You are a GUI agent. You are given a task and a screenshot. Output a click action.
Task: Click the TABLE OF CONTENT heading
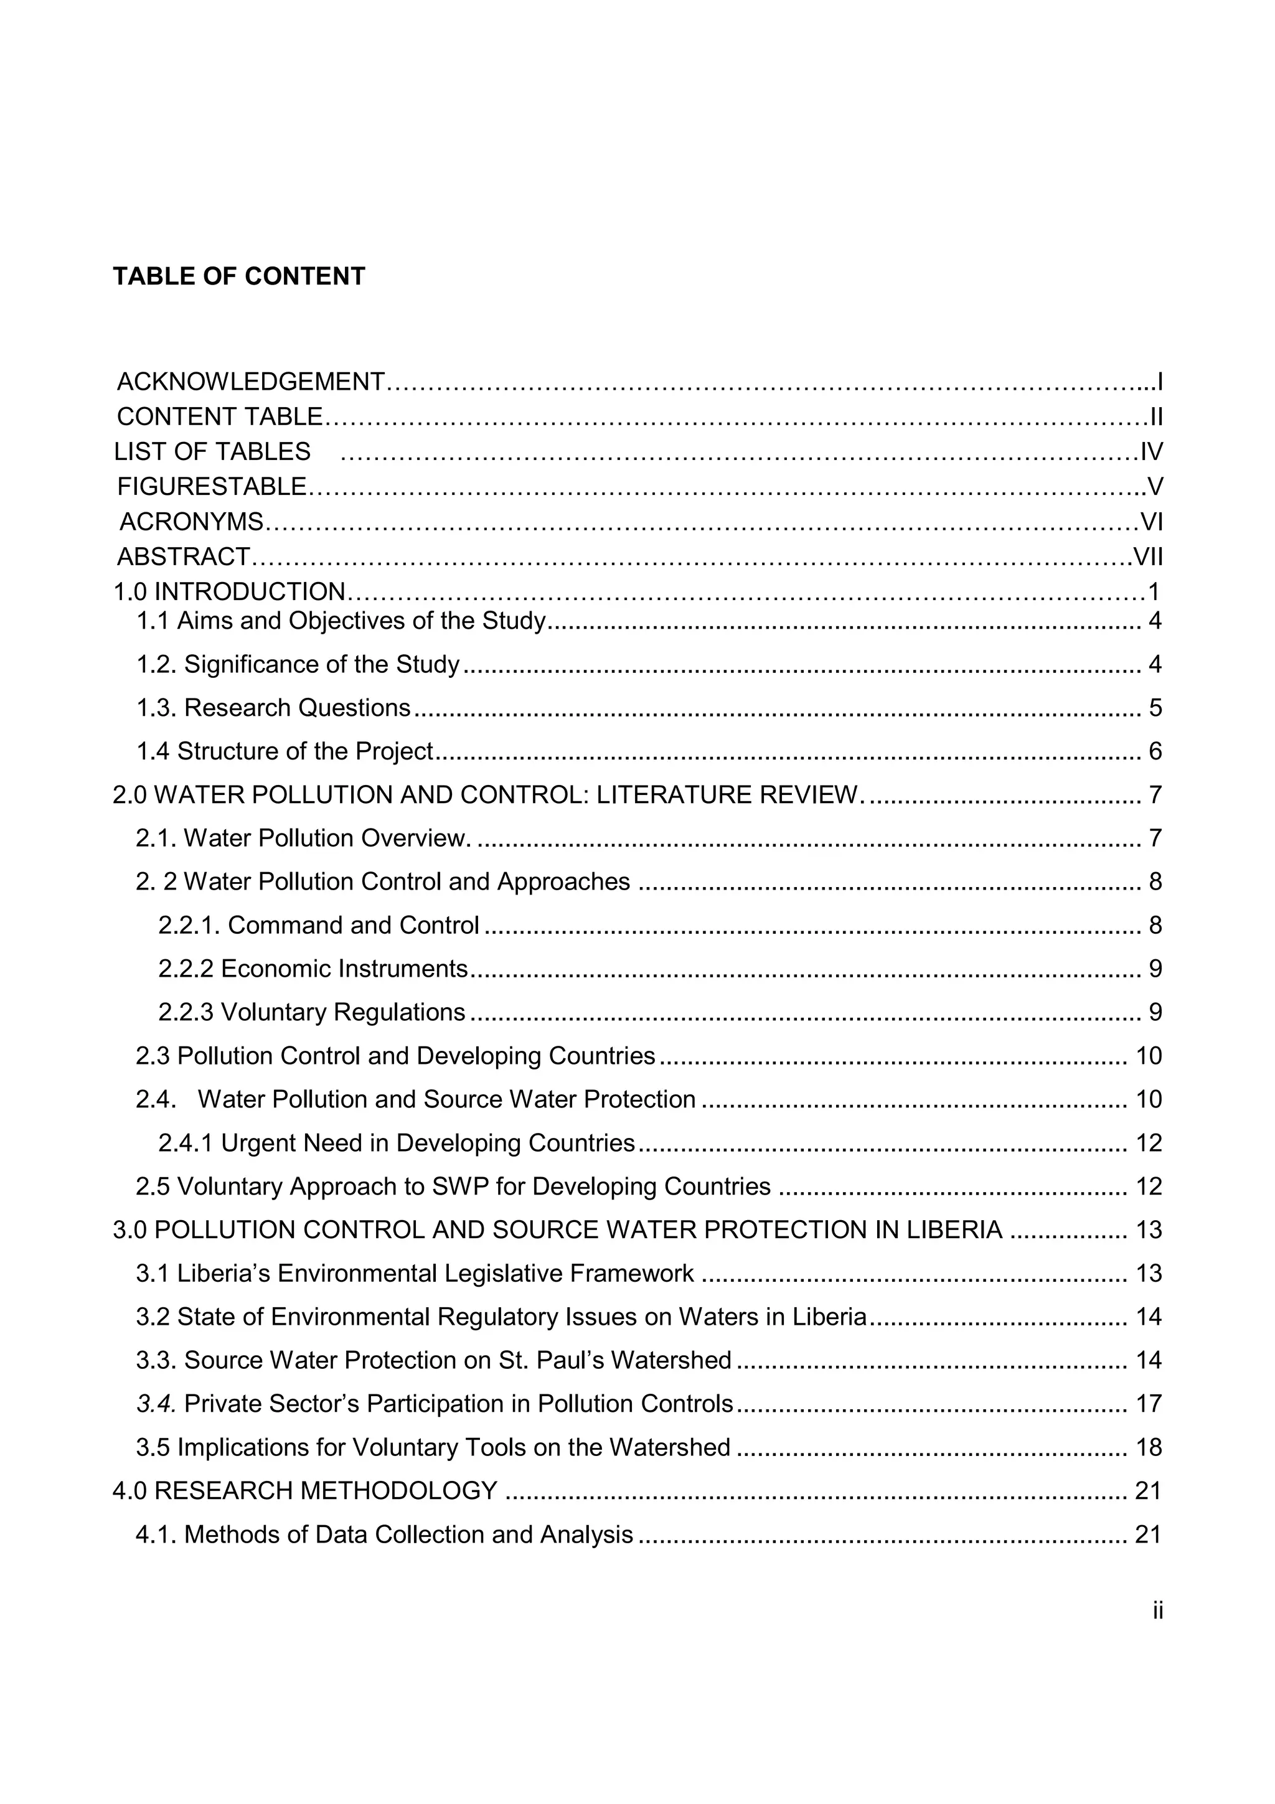click(239, 276)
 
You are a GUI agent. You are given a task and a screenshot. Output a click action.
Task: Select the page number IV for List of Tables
click(1151, 452)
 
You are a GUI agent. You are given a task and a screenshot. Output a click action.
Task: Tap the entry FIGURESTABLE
click(211, 487)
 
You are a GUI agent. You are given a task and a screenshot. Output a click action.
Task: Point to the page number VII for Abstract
click(1148, 557)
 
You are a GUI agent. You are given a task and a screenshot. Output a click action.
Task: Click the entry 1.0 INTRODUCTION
click(229, 591)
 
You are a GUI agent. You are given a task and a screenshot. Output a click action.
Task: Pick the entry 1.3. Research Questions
click(273, 708)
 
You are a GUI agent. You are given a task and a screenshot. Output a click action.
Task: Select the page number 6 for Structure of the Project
click(1155, 752)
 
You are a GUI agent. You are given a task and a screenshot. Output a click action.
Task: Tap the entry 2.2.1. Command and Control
click(318, 926)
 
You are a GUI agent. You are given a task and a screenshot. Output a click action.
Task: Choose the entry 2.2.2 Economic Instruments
click(313, 969)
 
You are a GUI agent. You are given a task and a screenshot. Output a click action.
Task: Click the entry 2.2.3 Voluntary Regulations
click(312, 1012)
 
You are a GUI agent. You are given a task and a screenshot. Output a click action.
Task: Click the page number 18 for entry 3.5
click(1149, 1447)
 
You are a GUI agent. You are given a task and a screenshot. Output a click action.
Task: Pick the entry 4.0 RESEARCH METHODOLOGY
click(305, 1490)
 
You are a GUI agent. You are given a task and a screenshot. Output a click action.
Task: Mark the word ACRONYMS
click(191, 522)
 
